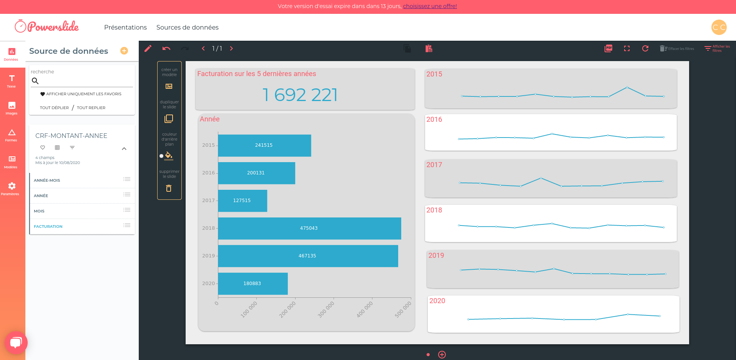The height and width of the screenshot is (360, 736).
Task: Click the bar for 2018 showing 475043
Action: [309, 228]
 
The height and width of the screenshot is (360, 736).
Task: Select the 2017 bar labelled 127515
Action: [242, 201]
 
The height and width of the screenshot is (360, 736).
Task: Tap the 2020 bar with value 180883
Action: [253, 284]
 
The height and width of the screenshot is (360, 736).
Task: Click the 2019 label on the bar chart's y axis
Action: [208, 256]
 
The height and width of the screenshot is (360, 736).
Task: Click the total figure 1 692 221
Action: [300, 95]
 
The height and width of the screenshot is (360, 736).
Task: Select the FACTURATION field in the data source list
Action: [48, 227]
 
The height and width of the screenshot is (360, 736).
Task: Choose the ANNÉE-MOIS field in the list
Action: [47, 181]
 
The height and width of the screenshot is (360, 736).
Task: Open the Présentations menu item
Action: [125, 27]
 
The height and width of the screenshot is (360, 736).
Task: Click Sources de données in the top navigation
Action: [187, 27]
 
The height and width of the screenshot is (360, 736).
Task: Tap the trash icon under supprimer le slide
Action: [169, 188]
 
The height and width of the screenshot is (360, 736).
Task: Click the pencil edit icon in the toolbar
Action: [148, 48]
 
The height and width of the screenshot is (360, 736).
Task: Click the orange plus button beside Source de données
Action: [124, 51]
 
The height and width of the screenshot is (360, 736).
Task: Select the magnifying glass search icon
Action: [35, 81]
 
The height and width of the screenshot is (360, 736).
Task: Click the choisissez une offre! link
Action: [430, 6]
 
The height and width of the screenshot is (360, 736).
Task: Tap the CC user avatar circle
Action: [719, 27]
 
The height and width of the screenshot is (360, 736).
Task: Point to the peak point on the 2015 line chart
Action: [627, 87]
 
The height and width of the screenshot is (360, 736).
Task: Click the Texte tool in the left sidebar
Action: [12, 81]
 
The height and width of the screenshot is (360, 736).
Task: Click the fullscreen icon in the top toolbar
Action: [627, 48]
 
